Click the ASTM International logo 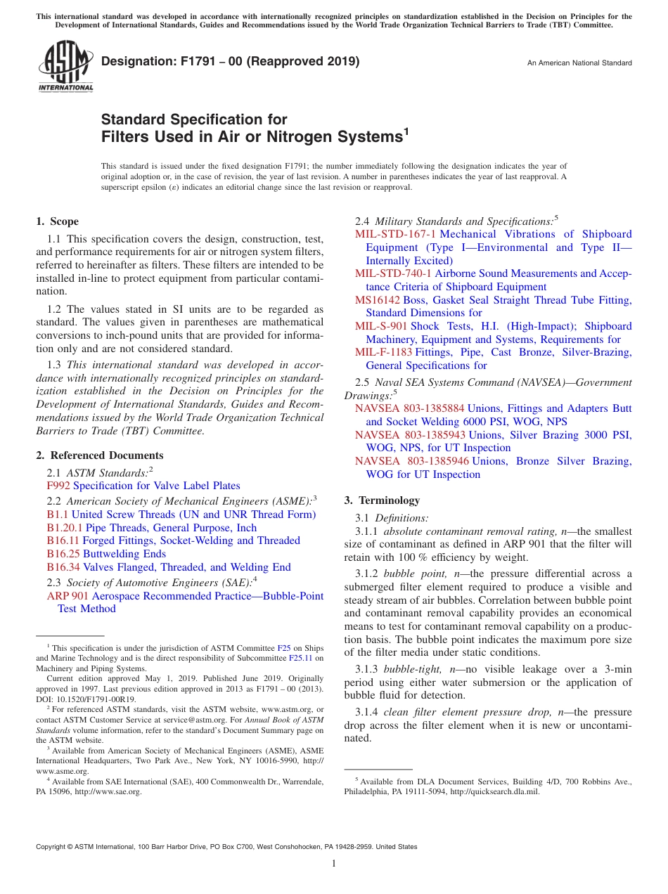[x=65, y=67]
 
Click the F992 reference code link [x=58, y=486]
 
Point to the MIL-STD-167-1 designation [x=395, y=234]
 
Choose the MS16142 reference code [x=377, y=300]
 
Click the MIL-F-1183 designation [x=383, y=352]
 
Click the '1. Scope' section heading [x=57, y=221]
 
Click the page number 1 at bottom [x=334, y=863]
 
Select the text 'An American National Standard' [x=579, y=63]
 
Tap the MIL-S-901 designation [x=381, y=326]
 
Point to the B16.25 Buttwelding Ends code [x=63, y=554]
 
